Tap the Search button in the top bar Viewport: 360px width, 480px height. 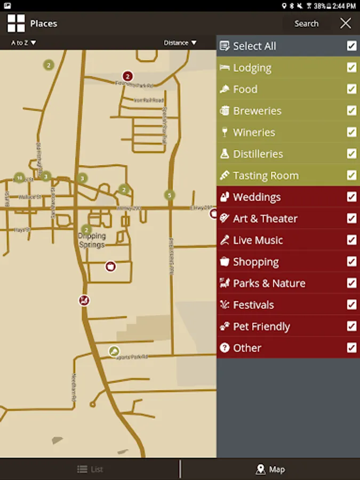(306, 23)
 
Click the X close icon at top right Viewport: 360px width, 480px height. (346, 23)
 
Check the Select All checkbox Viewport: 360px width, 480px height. (351, 46)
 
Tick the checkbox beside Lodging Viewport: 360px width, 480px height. (351, 68)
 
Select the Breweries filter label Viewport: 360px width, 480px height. (257, 111)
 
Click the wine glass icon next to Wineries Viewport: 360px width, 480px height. (225, 132)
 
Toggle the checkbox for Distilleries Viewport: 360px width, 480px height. (351, 154)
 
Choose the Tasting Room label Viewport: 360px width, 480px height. (266, 175)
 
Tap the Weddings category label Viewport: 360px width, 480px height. (257, 197)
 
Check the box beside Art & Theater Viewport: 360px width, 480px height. (351, 219)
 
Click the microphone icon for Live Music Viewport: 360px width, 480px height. (225, 240)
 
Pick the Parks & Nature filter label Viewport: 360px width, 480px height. (269, 283)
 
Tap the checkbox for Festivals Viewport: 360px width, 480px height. (351, 305)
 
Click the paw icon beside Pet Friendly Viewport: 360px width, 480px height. (225, 326)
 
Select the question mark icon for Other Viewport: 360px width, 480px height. (225, 348)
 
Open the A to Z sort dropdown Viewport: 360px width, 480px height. (23, 43)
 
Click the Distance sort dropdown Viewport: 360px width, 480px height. (180, 43)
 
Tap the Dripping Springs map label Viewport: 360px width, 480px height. (92, 240)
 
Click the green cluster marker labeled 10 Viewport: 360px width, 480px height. (19, 178)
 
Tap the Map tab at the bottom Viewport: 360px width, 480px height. (270, 469)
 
